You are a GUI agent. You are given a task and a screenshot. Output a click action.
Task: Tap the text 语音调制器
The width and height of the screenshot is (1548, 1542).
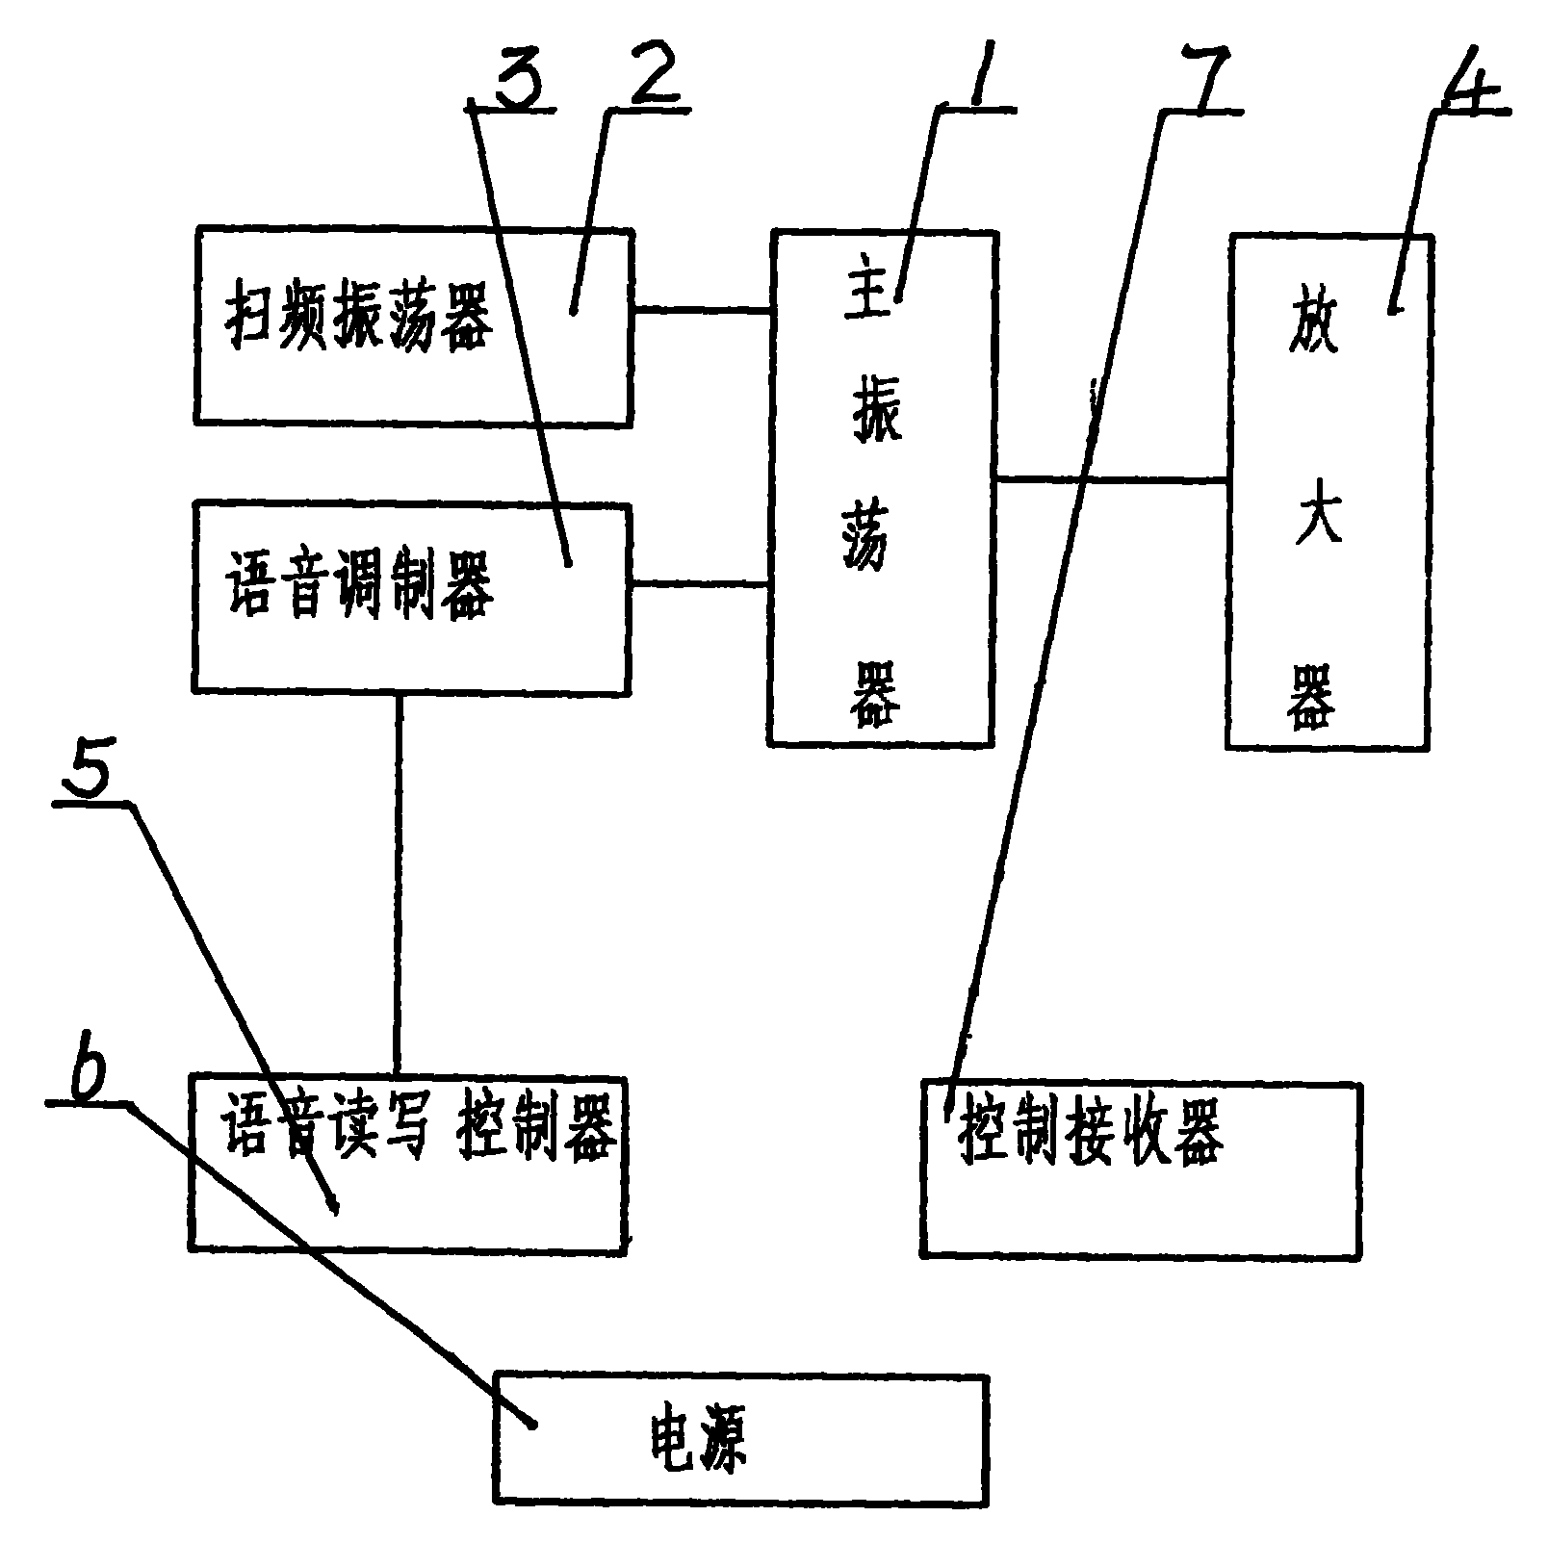358,589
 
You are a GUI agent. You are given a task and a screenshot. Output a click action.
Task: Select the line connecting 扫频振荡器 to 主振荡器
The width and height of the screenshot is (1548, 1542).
701,310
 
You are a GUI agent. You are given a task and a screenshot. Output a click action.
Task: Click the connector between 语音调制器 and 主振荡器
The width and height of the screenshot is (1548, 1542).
699,583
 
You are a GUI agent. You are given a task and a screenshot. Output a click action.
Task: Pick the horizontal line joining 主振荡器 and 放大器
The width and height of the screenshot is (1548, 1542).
1111,478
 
